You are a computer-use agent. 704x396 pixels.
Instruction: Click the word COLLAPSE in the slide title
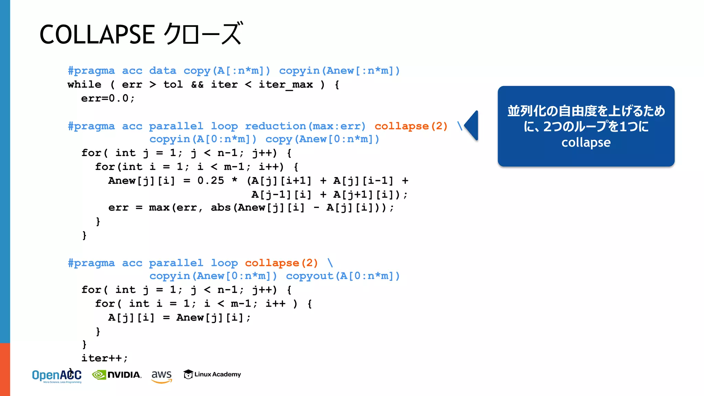pyautogui.click(x=97, y=34)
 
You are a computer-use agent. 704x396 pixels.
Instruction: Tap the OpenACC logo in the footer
pyautogui.click(x=57, y=375)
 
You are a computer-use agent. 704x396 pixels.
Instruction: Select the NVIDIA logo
pyautogui.click(x=117, y=375)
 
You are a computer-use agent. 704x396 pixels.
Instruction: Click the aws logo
pyautogui.click(x=161, y=375)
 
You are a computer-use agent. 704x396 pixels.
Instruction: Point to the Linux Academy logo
pyautogui.click(x=212, y=374)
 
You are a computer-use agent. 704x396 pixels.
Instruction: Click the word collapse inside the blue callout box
pyautogui.click(x=586, y=142)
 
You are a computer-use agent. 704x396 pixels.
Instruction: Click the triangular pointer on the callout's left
pyautogui.click(x=472, y=125)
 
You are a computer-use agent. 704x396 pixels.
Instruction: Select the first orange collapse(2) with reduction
pyautogui.click(x=411, y=126)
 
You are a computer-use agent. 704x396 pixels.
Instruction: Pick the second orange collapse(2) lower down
pyautogui.click(x=281, y=263)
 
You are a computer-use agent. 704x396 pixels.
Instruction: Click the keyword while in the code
pyautogui.click(x=84, y=85)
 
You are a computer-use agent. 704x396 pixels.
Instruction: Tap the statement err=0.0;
pyautogui.click(x=108, y=98)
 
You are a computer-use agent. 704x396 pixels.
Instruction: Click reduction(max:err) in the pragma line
pyautogui.click(x=305, y=126)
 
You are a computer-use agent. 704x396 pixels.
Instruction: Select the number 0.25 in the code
pyautogui.click(x=210, y=180)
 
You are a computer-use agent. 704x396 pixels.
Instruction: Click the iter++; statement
pyautogui.click(x=104, y=358)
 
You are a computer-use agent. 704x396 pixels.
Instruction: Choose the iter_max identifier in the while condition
pyautogui.click(x=285, y=85)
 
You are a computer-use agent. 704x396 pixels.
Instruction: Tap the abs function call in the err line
pyautogui.click(x=220, y=208)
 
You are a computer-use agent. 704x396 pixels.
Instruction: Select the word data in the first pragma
pyautogui.click(x=163, y=71)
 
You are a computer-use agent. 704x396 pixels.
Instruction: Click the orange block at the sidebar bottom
pyautogui.click(x=5, y=369)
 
